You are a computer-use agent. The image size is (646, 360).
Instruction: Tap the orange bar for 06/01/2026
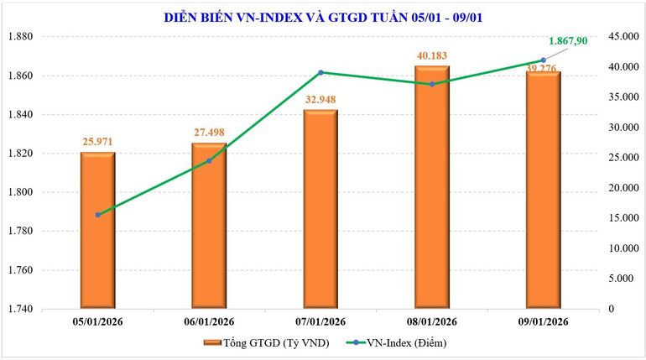(209, 226)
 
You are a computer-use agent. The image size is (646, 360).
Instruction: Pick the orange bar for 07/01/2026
(320, 209)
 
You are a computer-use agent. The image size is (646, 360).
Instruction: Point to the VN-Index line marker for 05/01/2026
(97, 215)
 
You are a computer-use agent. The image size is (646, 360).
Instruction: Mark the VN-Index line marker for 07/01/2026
(320, 72)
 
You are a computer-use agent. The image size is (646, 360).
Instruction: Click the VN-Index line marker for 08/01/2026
(432, 84)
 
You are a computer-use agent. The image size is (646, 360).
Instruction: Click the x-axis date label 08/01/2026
(432, 321)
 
